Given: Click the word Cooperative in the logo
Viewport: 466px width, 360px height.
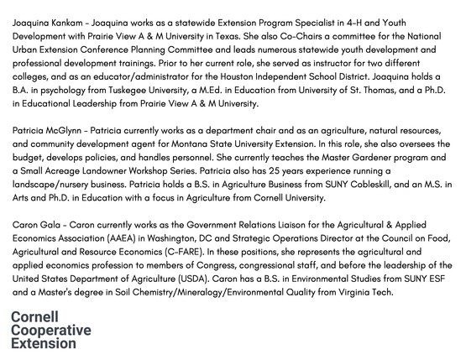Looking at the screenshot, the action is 50,331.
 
